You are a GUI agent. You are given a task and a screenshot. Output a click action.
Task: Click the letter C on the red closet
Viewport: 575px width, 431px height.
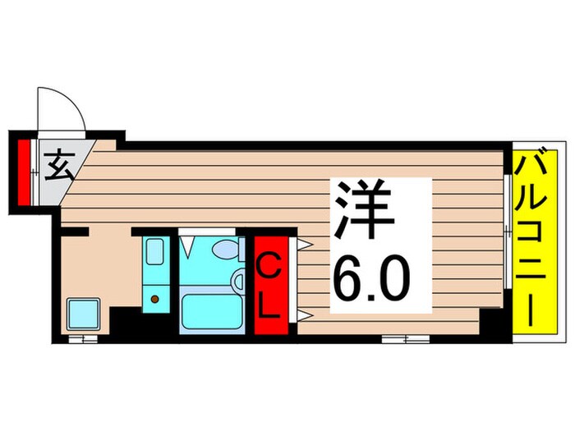click(270, 268)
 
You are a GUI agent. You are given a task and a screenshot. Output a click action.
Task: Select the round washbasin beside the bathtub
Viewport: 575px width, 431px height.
click(239, 282)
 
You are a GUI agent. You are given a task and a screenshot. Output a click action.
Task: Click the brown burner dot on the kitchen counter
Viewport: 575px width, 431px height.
click(154, 300)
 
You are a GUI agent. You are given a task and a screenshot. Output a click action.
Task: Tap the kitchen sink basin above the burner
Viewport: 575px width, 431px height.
click(154, 251)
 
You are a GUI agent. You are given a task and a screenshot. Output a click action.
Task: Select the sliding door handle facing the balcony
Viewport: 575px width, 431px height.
click(506, 235)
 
